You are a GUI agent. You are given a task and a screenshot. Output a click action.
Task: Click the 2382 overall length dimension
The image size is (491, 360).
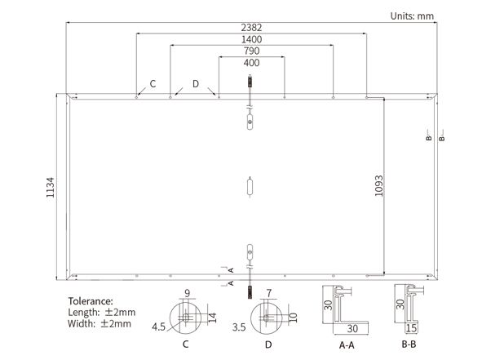click(x=251, y=28)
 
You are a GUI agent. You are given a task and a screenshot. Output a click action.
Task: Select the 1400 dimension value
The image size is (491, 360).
click(x=251, y=39)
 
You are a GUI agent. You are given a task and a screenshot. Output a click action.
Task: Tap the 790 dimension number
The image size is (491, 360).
click(x=251, y=51)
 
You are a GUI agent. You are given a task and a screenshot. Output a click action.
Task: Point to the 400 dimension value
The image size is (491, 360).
click(x=251, y=63)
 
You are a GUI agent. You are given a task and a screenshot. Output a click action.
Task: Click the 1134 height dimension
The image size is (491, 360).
click(x=50, y=188)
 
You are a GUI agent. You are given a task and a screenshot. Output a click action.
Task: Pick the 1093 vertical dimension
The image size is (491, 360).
click(x=379, y=186)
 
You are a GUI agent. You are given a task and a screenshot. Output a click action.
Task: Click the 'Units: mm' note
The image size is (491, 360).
click(x=412, y=16)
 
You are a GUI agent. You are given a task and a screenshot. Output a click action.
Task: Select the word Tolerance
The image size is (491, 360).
click(x=91, y=301)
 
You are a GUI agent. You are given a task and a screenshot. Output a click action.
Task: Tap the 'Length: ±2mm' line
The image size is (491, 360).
click(x=102, y=312)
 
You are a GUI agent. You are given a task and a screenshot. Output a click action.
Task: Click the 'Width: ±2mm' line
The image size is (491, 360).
click(x=100, y=323)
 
